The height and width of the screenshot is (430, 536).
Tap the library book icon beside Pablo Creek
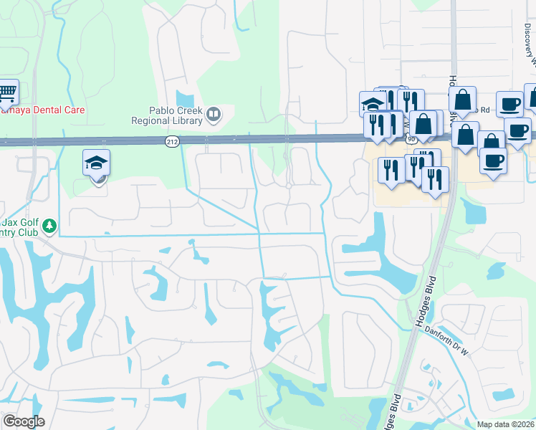(x=213, y=114)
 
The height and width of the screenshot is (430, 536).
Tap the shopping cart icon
(x=6, y=92)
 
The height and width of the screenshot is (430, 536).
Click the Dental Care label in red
(x=43, y=110)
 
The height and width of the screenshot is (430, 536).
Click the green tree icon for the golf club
(x=49, y=226)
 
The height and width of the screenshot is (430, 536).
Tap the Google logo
(x=23, y=421)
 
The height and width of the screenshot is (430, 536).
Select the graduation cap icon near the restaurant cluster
(x=373, y=104)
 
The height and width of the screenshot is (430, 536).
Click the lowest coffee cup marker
(x=493, y=161)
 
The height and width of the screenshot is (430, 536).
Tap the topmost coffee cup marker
(x=509, y=104)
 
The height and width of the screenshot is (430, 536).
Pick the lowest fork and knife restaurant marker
(x=435, y=179)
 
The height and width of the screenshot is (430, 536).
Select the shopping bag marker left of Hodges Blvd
(x=423, y=124)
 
